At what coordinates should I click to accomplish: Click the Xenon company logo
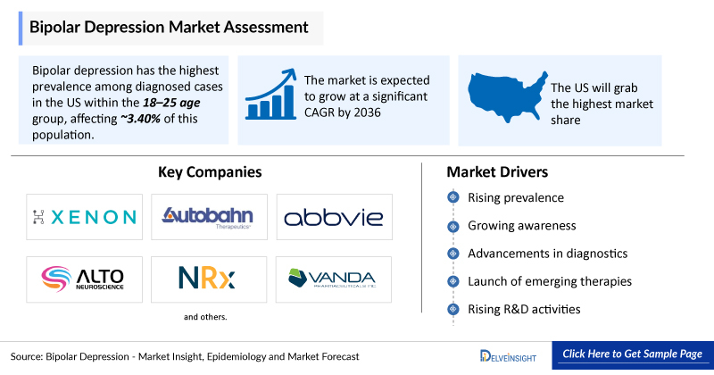(84, 216)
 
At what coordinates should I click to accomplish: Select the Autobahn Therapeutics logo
(209, 216)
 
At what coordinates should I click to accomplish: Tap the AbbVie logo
(334, 216)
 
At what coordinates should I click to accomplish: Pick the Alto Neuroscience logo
(84, 279)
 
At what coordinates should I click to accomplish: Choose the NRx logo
(209, 279)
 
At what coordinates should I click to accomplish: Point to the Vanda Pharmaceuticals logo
(334, 279)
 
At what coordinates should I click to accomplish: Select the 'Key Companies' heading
(210, 171)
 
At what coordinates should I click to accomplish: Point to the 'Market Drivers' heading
(497, 171)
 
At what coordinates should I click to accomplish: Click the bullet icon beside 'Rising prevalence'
(453, 197)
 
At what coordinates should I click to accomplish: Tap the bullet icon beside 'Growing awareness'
(453, 226)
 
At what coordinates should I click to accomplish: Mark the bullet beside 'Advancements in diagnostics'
(453, 254)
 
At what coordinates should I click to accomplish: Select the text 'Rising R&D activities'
(524, 309)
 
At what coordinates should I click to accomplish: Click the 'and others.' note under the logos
(206, 317)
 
